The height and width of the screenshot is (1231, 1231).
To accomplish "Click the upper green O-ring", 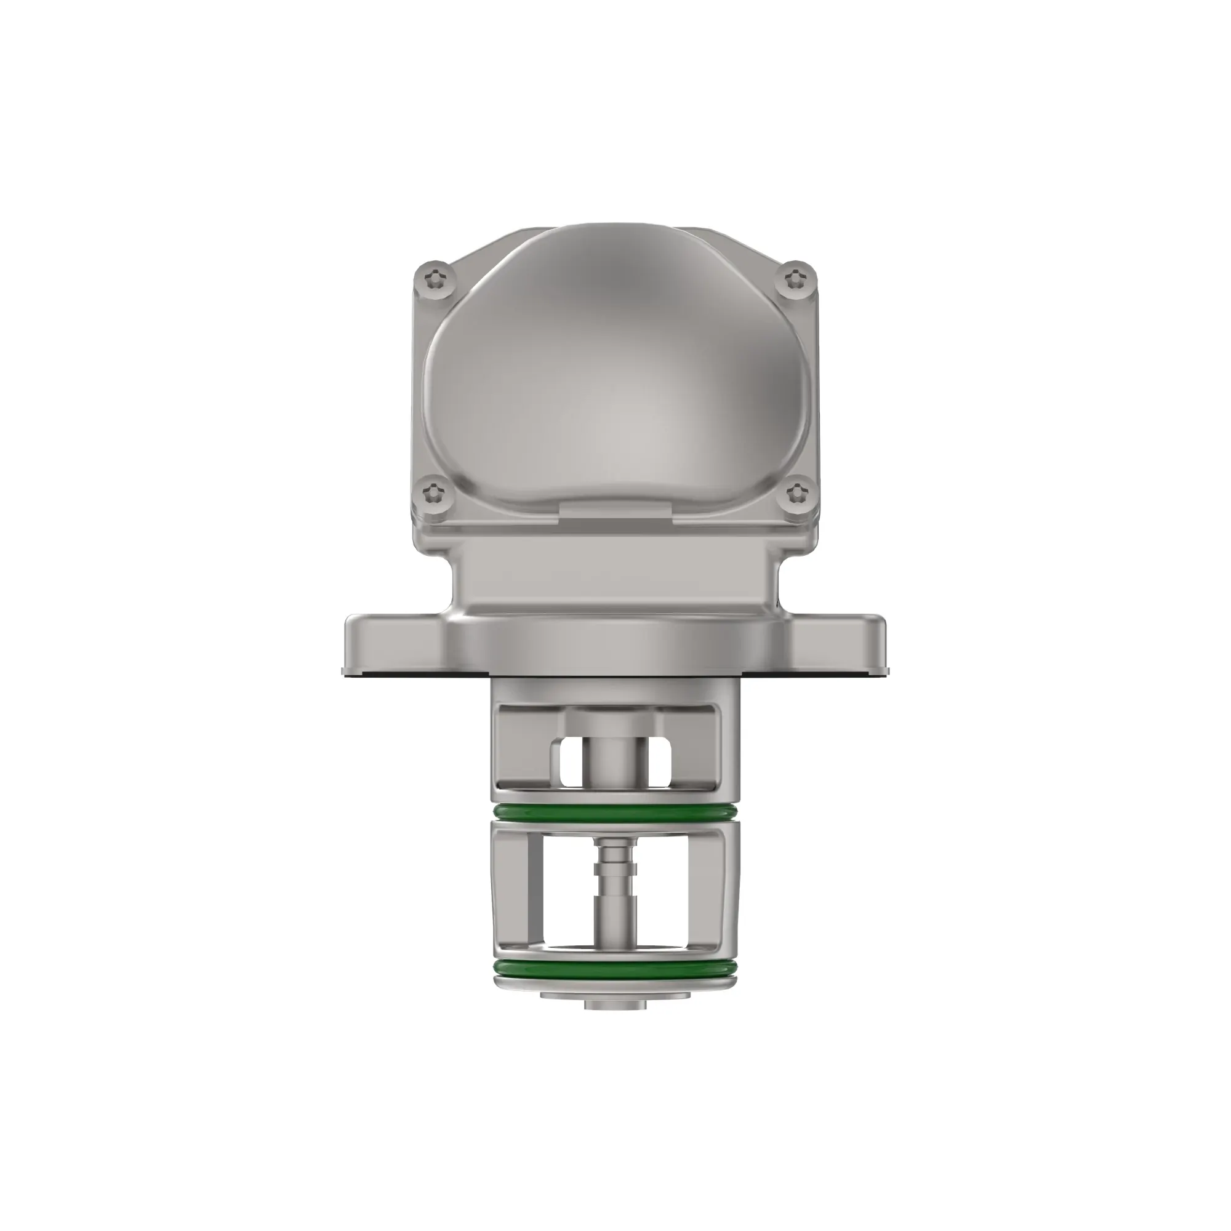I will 615,812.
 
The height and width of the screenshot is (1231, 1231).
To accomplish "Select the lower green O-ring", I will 615,986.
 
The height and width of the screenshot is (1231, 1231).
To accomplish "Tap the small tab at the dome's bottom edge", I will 615,508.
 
